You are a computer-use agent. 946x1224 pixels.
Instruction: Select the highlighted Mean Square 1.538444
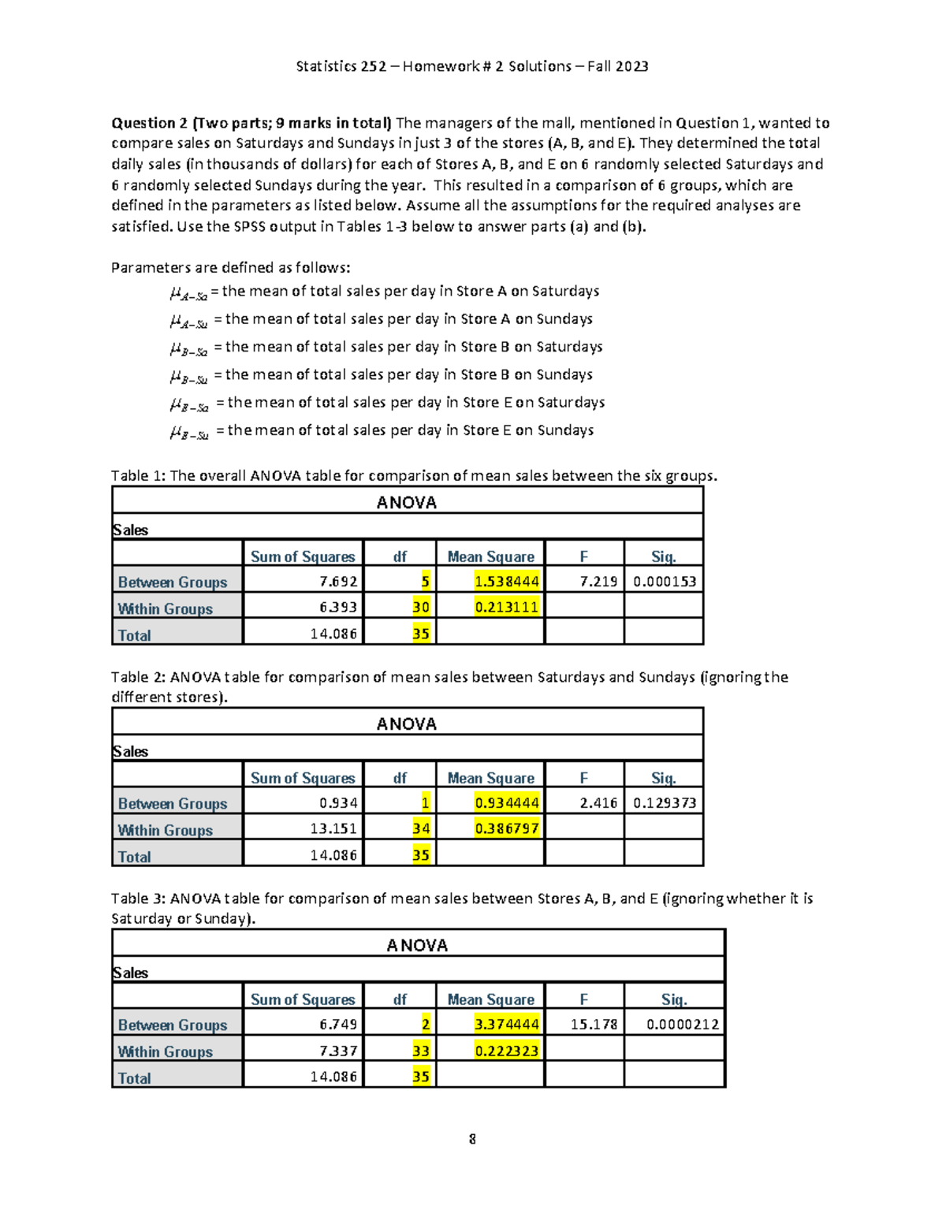tap(506, 582)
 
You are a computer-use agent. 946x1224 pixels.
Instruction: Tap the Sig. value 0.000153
tap(664, 582)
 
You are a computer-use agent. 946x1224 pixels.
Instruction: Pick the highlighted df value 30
tap(421, 607)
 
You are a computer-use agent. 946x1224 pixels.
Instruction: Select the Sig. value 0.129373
tap(664, 803)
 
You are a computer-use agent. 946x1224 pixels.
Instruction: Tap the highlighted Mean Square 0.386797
tap(506, 828)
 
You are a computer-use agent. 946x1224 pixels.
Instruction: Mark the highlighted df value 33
tap(421, 1051)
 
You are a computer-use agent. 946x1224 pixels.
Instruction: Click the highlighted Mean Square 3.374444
tap(506, 1025)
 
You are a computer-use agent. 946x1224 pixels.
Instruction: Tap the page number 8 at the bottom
tap(472, 1139)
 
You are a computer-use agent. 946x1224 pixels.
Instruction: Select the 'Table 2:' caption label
tap(138, 677)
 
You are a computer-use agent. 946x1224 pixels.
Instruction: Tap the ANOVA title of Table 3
tap(417, 945)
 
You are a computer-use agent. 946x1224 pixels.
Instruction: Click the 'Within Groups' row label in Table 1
tap(166, 608)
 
